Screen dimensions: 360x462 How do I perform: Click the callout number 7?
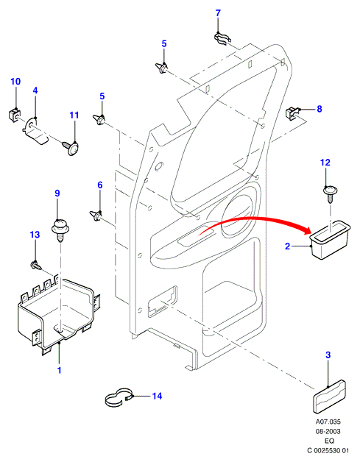pos(218,13)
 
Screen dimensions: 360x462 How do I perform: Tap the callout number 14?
pos(157,396)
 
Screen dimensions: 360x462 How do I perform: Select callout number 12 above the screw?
pos(325,163)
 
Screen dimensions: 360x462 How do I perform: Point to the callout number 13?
pos(35,235)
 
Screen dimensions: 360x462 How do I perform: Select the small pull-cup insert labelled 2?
pos(330,239)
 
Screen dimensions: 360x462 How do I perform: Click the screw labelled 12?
pos(330,193)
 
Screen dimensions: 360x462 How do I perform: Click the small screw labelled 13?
pos(35,266)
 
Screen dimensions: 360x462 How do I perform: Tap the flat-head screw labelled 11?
pos(71,147)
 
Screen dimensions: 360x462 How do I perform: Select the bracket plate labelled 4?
pos(35,131)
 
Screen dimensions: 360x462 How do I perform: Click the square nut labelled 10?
pos(13,115)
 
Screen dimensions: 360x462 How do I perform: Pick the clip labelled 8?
pos(293,113)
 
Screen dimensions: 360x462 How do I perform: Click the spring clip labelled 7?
pos(222,38)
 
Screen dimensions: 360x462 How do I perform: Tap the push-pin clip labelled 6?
pos(96,216)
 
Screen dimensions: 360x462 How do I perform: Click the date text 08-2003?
pos(328,431)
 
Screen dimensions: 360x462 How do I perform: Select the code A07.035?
pos(328,422)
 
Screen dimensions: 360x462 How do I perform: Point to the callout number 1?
pos(59,370)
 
